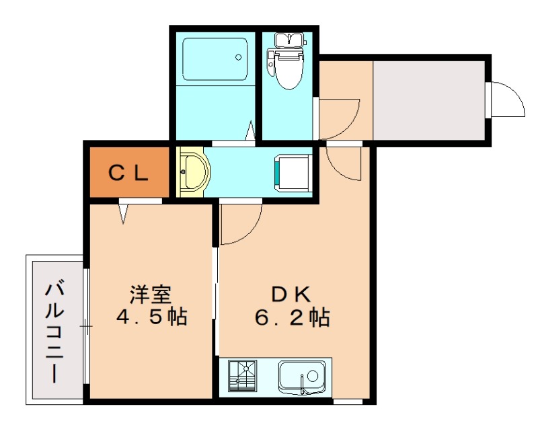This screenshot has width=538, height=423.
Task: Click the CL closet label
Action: [128, 174]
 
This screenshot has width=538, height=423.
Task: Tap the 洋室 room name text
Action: [151, 294]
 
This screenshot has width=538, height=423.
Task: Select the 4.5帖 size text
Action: [151, 316]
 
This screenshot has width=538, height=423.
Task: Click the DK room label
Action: [291, 294]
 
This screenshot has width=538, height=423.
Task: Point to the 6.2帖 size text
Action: [292, 316]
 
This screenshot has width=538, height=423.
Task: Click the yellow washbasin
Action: [194, 172]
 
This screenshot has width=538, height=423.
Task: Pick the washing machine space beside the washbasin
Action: [293, 173]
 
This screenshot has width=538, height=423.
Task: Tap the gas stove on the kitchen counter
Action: [243, 377]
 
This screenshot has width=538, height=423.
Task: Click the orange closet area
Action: [128, 174]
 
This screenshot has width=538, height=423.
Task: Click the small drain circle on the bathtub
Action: [237, 58]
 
